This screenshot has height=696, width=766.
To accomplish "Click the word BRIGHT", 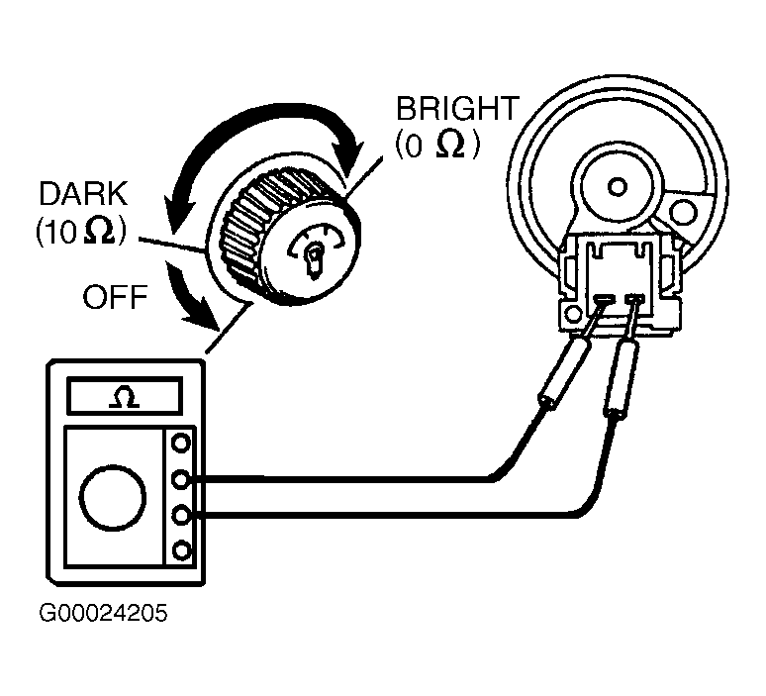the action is tap(457, 109).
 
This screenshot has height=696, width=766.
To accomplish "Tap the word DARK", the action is tap(82, 193).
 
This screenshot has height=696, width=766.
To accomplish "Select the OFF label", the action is tap(115, 297).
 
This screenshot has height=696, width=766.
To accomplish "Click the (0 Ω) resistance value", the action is tap(437, 145).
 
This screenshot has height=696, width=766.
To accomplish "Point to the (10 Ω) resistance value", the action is tap(80, 231).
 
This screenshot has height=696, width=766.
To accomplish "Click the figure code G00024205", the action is tap(103, 614).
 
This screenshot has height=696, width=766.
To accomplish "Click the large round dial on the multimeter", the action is tap(113, 498).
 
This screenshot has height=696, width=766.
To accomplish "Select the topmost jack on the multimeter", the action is tap(181, 444).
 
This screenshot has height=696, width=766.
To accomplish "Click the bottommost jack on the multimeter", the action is tap(182, 550).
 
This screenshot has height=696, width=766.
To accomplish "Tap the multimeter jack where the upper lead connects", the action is tap(181, 479).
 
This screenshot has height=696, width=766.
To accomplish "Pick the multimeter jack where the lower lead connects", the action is tap(181, 515).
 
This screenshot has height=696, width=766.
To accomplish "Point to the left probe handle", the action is tap(565, 372).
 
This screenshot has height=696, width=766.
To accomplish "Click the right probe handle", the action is tap(622, 379).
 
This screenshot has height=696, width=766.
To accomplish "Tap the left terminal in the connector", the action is tap(604, 297).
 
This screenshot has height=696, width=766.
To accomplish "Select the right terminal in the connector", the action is tap(634, 298).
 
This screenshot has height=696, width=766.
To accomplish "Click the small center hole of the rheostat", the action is tap(618, 187).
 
